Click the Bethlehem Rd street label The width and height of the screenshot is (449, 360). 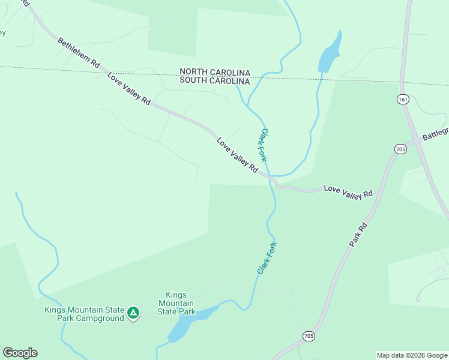pyautogui.click(x=79, y=55)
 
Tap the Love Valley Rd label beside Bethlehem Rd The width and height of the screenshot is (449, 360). pyautogui.click(x=128, y=88)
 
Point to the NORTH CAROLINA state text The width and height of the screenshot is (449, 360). pyautogui.click(x=215, y=71)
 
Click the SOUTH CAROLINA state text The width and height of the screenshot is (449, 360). pyautogui.click(x=215, y=80)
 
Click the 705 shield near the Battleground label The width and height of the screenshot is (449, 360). pyautogui.click(x=401, y=148)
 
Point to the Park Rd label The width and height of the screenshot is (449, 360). pyautogui.click(x=358, y=235)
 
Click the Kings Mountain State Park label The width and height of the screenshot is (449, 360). pyautogui.click(x=176, y=303)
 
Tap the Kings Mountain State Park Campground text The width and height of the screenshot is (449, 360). pyautogui.click(x=84, y=314)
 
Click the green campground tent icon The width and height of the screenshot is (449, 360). pyautogui.click(x=133, y=313)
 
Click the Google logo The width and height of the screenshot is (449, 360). pyautogui.click(x=20, y=353)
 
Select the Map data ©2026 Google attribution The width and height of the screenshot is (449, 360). pyautogui.click(x=411, y=355)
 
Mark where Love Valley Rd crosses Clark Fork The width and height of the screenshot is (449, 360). pyautogui.click(x=272, y=179)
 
